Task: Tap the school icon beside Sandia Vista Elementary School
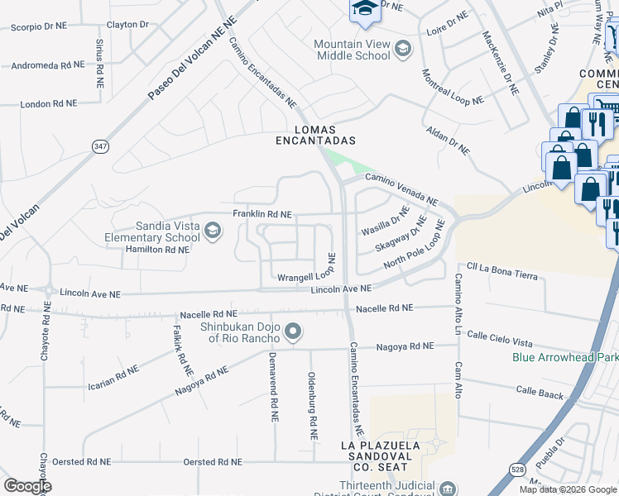pos(213,230)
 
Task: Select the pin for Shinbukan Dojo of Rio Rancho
pos(292,332)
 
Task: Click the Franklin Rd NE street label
pos(262,214)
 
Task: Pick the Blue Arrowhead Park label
pos(565,358)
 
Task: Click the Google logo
pos(27,486)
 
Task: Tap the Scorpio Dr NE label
pos(38,27)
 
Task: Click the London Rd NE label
pos(48,104)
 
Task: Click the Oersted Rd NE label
pos(212,462)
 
